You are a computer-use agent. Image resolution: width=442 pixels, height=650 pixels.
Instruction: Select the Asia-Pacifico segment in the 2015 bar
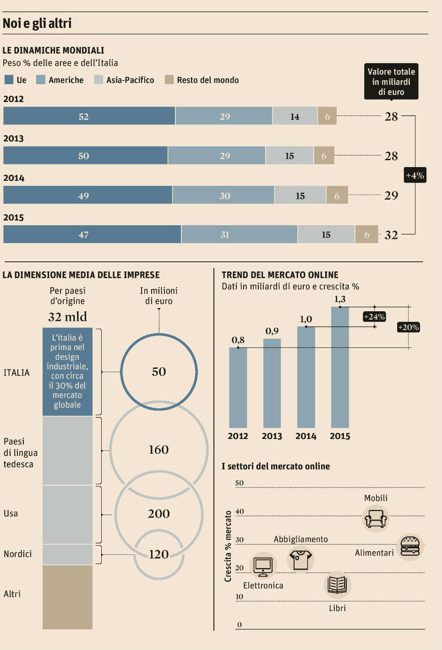pyautogui.click(x=326, y=235)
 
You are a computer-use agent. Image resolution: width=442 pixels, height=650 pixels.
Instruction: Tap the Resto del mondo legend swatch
pyautogui.click(x=169, y=80)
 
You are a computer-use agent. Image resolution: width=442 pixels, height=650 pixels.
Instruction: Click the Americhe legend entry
pyautogui.click(x=60, y=80)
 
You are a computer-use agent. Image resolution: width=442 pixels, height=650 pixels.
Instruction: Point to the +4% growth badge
pyautogui.click(x=415, y=175)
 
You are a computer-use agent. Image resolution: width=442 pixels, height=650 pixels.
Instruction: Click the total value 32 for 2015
pyautogui.click(x=391, y=235)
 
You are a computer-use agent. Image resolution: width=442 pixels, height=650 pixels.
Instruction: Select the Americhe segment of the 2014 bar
pyautogui.click(x=224, y=195)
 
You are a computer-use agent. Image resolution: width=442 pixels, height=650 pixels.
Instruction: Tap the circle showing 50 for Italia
pyautogui.click(x=159, y=371)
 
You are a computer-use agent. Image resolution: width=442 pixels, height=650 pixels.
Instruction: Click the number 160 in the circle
pyautogui.click(x=158, y=450)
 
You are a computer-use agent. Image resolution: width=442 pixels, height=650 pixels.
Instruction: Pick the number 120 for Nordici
pyautogui.click(x=158, y=554)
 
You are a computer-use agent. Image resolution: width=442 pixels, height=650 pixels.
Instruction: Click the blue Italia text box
pyautogui.click(x=67, y=371)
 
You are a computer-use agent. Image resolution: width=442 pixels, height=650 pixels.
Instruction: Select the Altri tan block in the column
pyautogui.click(x=67, y=597)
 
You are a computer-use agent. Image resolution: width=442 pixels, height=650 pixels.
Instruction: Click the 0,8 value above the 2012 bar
pyautogui.click(x=238, y=340)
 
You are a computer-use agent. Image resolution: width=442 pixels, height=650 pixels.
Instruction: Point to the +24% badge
pyautogui.click(x=374, y=317)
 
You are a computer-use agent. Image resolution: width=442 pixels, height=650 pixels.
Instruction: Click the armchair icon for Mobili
pyautogui.click(x=375, y=519)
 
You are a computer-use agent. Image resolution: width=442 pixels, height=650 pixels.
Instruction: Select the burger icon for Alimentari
pyautogui.click(x=410, y=547)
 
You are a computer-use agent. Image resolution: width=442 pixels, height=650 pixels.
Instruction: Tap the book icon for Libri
pyautogui.click(x=337, y=585)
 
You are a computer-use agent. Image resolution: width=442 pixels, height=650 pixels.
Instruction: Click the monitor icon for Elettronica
pyautogui.click(x=263, y=566)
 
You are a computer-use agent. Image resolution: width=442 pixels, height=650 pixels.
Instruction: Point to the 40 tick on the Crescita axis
pyautogui.click(x=240, y=511)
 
